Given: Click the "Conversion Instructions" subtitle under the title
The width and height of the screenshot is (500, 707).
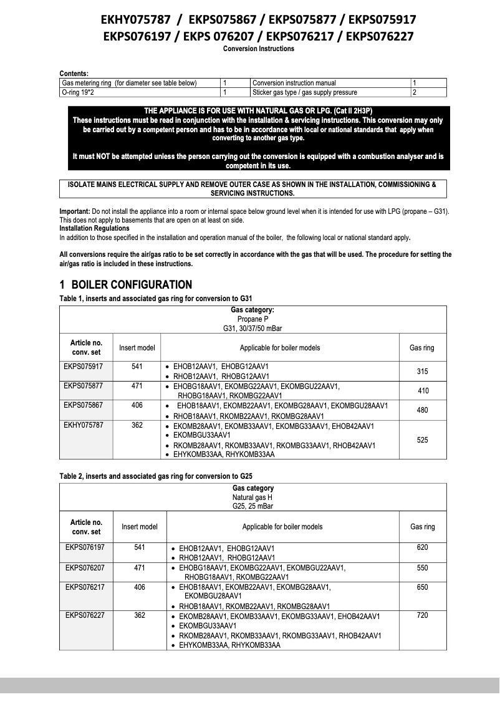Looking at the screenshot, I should click(258, 49).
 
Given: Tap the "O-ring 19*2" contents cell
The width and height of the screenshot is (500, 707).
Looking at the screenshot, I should click(82, 92).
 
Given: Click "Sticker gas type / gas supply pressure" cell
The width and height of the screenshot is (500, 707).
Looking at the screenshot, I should click(305, 92).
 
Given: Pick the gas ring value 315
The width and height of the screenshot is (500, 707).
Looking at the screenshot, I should click(422, 371).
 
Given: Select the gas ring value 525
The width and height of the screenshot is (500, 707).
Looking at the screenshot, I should click(422, 440).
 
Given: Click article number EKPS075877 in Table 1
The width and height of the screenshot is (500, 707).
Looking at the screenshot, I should click(84, 386).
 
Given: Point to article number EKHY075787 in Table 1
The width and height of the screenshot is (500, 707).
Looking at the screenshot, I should click(84, 425).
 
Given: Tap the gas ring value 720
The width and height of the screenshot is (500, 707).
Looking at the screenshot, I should click(422, 615).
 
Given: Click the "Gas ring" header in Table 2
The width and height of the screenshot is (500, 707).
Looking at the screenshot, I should click(422, 527).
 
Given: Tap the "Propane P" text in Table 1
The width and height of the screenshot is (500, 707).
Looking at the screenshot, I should click(252, 319).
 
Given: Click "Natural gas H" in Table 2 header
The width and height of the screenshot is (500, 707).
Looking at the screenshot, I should click(252, 498).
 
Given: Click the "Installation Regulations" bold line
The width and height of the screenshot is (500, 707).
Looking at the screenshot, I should click(95, 229).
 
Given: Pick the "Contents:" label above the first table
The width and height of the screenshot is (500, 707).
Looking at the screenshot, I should click(74, 74).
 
